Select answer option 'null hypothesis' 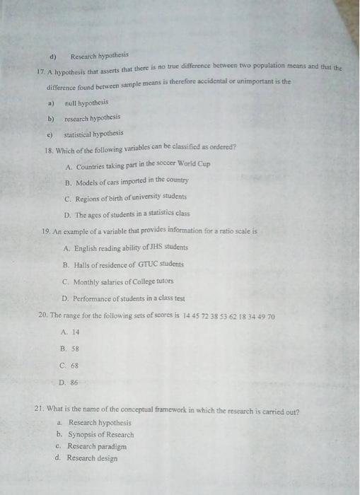click(x=85, y=102)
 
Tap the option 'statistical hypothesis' click(x=93, y=134)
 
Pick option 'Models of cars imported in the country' click(x=131, y=181)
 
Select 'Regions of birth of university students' click(x=130, y=197)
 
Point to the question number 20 click(x=42, y=315)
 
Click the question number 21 click(x=40, y=410)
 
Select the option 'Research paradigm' click(x=97, y=446)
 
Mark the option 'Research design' click(x=92, y=458)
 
